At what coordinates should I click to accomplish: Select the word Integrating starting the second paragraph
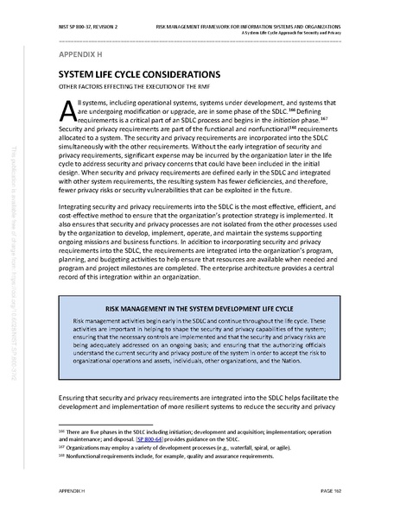79,231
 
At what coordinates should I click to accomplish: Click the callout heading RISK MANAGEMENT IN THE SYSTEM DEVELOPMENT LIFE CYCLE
200,330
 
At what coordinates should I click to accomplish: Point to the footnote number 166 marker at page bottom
60,431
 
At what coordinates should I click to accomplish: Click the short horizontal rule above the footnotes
104,425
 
